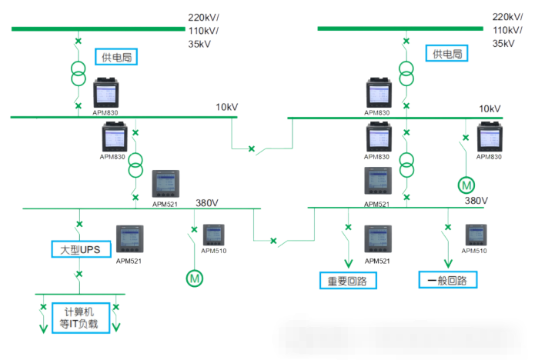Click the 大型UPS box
coord(81,249)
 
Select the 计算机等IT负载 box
coord(81,318)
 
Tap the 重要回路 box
coord(348,281)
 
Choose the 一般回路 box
coord(448,280)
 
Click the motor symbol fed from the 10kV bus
coord(466,185)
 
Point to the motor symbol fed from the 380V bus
coord(195,278)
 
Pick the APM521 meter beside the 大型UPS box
coord(129,238)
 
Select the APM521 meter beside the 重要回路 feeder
coord(378,238)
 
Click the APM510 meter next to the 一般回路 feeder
coord(476,235)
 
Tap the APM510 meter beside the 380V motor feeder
coord(213,235)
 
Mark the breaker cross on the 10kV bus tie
coord(252,148)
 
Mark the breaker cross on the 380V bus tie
coord(273,241)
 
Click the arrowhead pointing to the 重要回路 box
coord(349,264)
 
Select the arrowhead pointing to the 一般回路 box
coord(448,264)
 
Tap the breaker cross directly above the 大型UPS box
coord(79,224)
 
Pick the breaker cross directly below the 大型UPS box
coord(79,274)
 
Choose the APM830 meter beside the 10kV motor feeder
coord(490,137)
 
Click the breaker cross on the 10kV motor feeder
coord(466,138)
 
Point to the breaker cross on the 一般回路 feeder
coord(448,227)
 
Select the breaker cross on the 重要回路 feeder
coord(348,227)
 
